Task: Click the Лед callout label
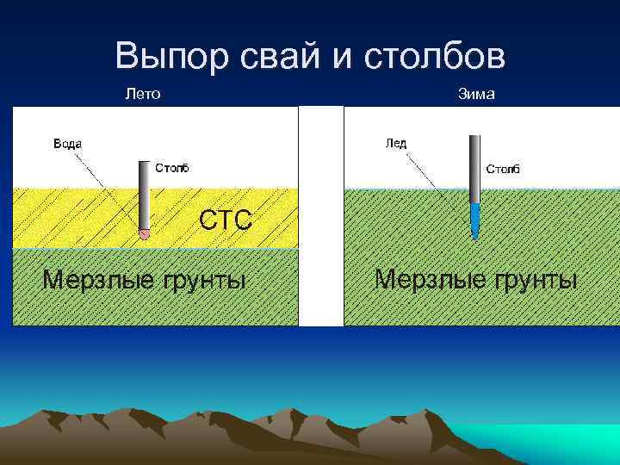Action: [x=395, y=143]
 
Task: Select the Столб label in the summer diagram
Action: [x=171, y=166]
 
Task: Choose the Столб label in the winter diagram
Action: [x=503, y=169]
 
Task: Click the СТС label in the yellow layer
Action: [x=226, y=220]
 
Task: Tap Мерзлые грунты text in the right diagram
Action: [x=476, y=280]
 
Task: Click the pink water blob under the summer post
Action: [x=145, y=232]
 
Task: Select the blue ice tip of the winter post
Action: [x=475, y=220]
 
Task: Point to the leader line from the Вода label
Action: [x=108, y=190]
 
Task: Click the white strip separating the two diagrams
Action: [x=320, y=215]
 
